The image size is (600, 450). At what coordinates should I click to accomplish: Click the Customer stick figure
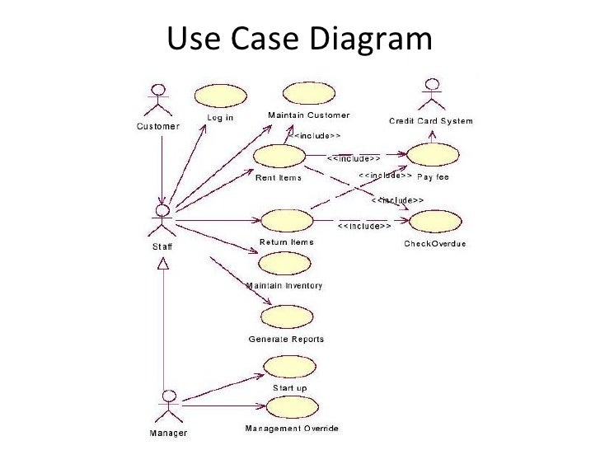click(x=157, y=101)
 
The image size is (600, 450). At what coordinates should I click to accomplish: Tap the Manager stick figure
click(x=168, y=405)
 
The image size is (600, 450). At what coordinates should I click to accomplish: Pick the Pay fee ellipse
click(x=432, y=157)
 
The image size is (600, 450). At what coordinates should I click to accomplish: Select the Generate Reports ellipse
click(x=286, y=317)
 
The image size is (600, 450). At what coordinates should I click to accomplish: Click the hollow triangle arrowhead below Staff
click(x=164, y=263)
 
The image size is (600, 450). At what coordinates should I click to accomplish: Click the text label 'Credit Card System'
click(x=430, y=121)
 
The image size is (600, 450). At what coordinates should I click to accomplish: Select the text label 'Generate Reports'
click(x=286, y=339)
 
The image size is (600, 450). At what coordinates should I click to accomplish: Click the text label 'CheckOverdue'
click(x=436, y=243)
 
